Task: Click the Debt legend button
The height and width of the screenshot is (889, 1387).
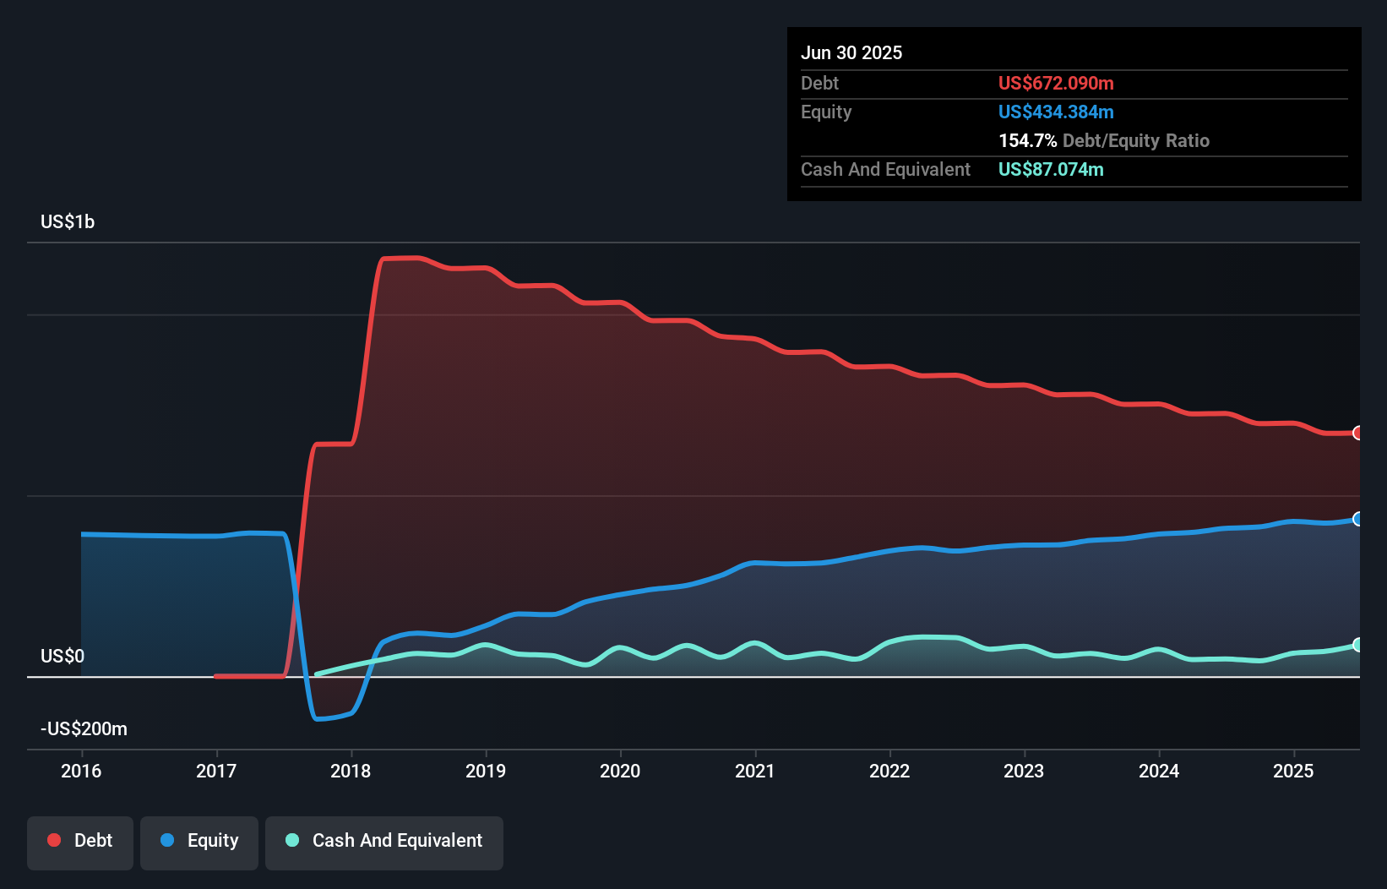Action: point(80,841)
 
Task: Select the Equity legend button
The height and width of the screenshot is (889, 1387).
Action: point(199,841)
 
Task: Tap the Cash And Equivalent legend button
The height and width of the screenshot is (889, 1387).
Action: point(384,841)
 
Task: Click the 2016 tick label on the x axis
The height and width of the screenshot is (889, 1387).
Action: point(81,771)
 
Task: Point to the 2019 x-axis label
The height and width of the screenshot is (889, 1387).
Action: point(486,771)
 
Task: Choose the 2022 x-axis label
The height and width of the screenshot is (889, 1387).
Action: point(889,771)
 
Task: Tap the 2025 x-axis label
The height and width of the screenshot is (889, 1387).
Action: point(1293,771)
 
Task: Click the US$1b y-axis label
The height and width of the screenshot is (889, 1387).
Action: point(68,222)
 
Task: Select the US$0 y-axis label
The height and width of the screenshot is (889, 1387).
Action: point(63,657)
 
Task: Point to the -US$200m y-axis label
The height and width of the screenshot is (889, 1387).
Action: point(84,729)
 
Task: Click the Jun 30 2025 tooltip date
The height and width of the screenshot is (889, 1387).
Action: point(851,53)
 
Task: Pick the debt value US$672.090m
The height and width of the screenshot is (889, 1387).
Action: point(1056,84)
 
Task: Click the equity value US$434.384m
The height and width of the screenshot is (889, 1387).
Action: point(1056,112)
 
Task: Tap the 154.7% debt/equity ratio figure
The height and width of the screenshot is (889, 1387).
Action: point(1027,141)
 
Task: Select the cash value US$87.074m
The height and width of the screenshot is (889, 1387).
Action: point(1051,170)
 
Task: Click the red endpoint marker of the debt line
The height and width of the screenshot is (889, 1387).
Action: point(1357,433)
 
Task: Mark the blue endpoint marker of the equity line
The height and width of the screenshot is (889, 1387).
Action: point(1357,519)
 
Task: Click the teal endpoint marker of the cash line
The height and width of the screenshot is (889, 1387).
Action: point(1357,645)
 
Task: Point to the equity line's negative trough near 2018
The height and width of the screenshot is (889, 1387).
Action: point(319,719)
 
